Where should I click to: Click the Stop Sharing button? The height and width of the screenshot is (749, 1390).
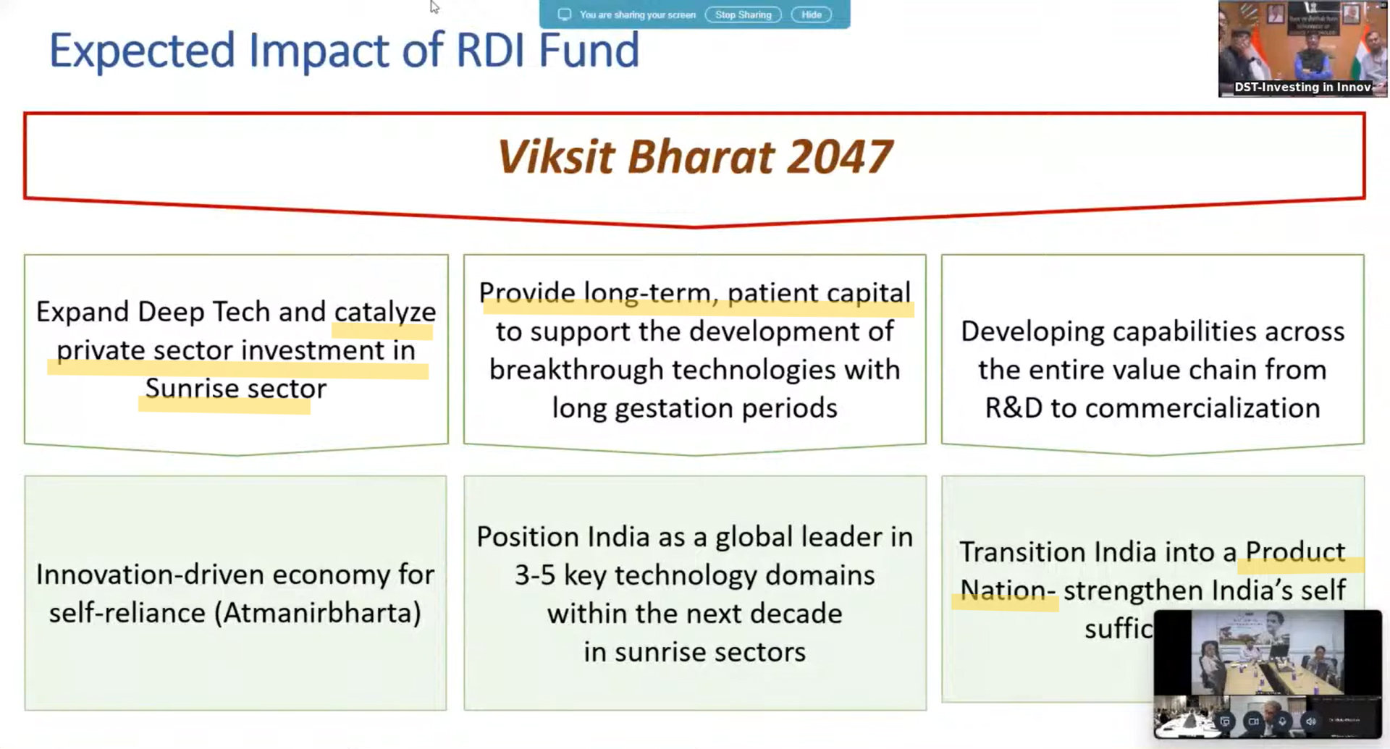[743, 14]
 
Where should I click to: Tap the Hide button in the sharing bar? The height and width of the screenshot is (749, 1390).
[811, 14]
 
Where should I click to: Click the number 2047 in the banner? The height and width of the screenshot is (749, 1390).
[839, 156]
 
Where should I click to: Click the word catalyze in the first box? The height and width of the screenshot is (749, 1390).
[384, 312]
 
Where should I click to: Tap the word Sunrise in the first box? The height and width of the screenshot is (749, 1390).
[192, 389]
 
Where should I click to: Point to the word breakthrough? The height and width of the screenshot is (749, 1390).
[576, 370]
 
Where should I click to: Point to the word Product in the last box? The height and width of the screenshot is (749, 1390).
[1294, 552]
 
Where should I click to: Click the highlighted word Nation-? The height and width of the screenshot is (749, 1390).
[1007, 591]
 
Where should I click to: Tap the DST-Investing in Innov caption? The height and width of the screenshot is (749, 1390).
[1302, 87]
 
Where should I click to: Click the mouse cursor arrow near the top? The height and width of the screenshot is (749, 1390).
[434, 7]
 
